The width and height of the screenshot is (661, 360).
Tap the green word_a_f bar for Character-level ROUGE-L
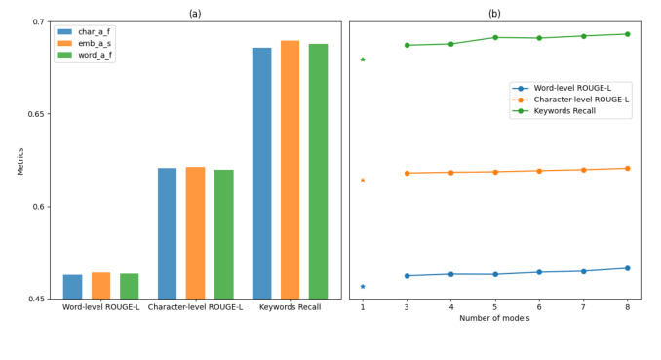click(224, 234)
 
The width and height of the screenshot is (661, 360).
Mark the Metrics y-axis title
click(20, 160)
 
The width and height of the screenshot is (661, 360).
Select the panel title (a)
click(194, 13)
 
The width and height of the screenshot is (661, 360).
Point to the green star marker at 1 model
click(363, 60)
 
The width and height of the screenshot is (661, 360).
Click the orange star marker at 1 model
click(363, 180)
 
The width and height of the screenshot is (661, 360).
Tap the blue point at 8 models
click(627, 268)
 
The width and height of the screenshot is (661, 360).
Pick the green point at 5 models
click(495, 37)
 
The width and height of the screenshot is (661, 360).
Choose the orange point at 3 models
click(407, 173)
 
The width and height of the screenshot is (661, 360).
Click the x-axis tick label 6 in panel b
click(539, 306)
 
